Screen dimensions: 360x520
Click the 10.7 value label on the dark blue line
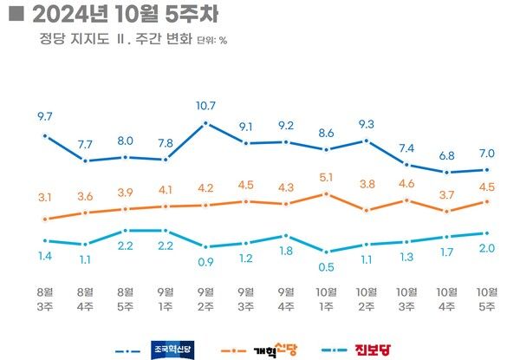[x=205, y=105]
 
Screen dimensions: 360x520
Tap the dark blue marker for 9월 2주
[x=205, y=123]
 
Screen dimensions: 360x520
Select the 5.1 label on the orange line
[x=326, y=177]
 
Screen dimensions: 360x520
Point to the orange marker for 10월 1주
[x=326, y=193]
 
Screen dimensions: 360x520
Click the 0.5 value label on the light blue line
[x=326, y=267]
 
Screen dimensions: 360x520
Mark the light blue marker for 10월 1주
[x=326, y=251]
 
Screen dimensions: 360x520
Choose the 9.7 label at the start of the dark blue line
[x=45, y=115]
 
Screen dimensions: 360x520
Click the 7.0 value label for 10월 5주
[x=487, y=153]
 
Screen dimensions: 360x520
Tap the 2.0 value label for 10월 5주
[x=487, y=249]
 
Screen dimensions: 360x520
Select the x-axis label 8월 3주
[x=45, y=298]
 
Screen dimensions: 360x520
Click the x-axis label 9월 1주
[x=166, y=298]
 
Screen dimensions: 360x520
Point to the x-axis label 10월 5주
[x=487, y=298]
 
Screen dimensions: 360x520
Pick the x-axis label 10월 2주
[x=367, y=298]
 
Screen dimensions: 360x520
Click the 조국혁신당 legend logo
[x=173, y=350]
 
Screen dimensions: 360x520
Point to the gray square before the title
[x=14, y=14]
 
